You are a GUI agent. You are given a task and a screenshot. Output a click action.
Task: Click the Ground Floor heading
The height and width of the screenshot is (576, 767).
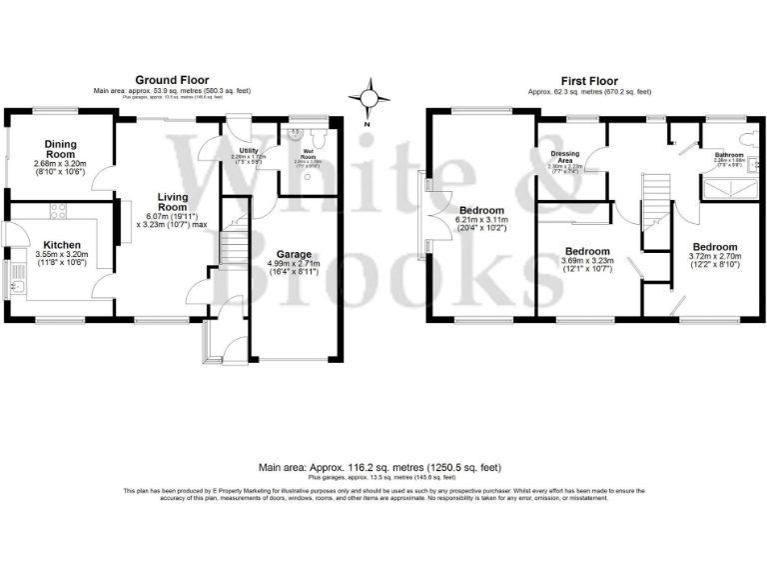pos(172,80)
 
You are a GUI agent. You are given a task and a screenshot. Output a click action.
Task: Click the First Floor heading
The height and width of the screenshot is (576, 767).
pos(589,81)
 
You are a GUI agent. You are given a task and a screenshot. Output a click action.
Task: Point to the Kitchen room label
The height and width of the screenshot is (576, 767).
pos(62,243)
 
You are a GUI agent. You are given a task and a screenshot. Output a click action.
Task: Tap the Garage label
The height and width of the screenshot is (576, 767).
pos(293,254)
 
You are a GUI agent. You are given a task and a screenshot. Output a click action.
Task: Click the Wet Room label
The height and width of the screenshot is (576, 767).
pos(309,154)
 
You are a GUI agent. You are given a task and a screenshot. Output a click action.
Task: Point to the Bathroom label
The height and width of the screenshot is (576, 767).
pos(727,155)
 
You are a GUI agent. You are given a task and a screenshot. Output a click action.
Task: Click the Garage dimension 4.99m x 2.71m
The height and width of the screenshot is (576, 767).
pos(293,266)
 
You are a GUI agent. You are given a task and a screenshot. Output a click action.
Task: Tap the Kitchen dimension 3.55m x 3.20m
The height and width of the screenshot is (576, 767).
pos(62,255)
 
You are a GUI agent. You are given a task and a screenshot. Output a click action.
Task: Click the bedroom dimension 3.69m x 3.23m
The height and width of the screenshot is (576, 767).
pos(587,262)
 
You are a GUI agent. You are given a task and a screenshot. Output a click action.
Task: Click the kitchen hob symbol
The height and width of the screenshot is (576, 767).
pos(58,211)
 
